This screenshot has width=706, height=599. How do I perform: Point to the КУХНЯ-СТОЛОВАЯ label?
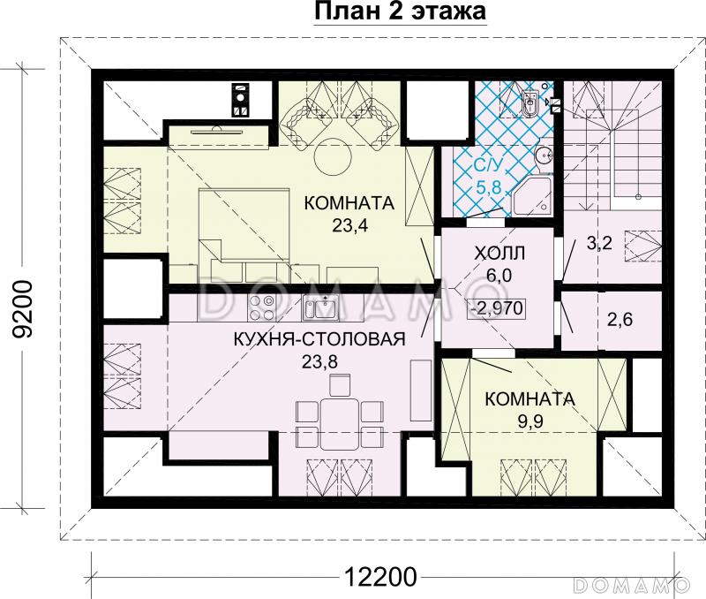coord(319,338)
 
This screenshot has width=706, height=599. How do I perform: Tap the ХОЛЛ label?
coord(499,253)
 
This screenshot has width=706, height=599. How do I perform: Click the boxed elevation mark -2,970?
coord(498,308)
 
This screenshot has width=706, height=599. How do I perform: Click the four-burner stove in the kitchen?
coord(261,307)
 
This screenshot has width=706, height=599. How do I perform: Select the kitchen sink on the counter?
coord(319,307)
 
